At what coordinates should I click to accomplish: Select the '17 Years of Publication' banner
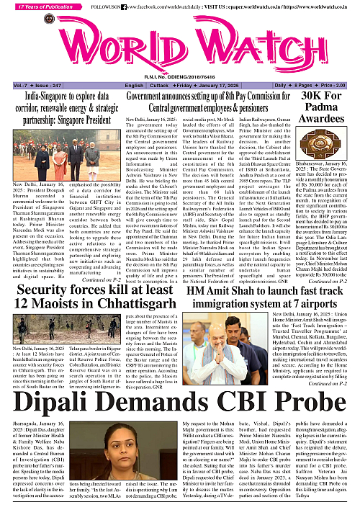pos(40,6)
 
